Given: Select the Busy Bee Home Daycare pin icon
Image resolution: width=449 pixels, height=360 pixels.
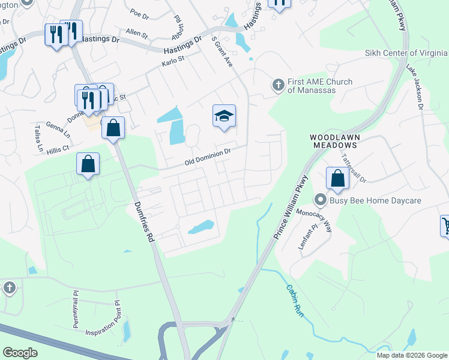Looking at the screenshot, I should click(x=321, y=200).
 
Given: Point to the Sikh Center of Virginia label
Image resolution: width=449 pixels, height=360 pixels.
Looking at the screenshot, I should click(x=406, y=53).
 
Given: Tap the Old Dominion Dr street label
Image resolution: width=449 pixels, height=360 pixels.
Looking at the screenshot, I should click(x=208, y=158).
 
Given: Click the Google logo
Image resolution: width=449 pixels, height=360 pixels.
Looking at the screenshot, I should click(x=20, y=352).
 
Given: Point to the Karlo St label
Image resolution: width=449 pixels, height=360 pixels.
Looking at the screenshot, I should click(x=172, y=62).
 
